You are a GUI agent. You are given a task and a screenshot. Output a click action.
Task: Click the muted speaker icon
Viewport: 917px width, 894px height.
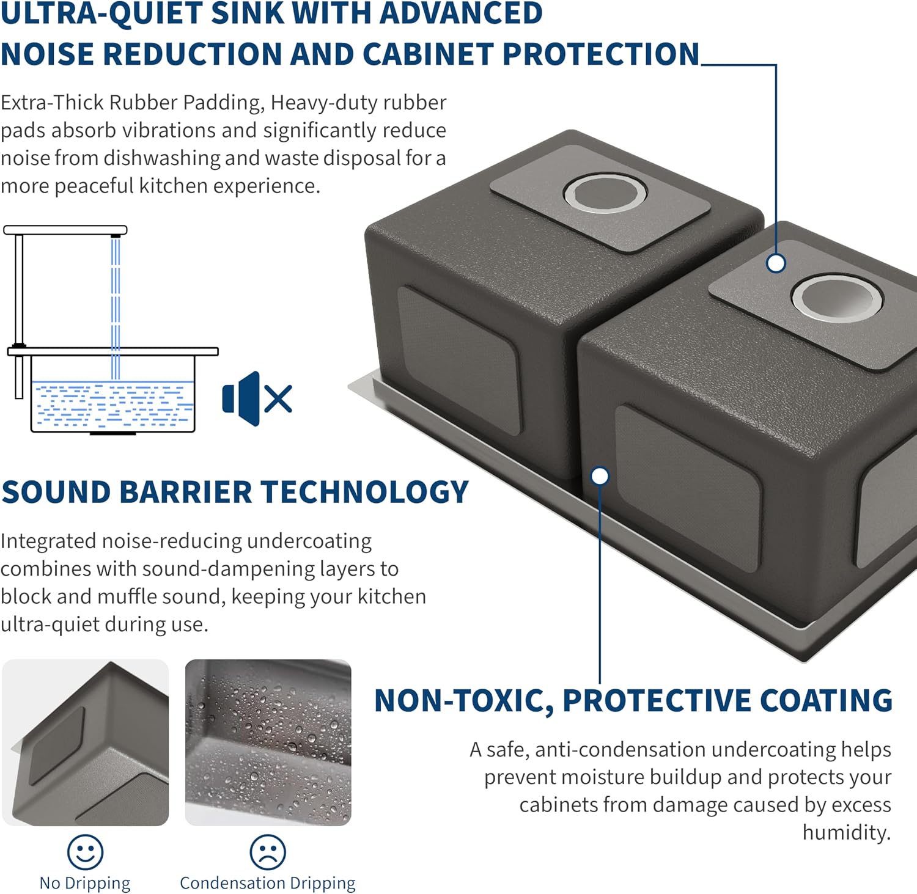tap(257, 398)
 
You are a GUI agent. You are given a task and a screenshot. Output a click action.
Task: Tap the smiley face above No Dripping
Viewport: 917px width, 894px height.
tap(85, 852)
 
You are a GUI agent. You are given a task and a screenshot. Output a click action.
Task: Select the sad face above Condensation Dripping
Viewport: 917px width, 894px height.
tap(268, 852)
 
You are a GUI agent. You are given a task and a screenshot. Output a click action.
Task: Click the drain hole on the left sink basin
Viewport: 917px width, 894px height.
tap(605, 192)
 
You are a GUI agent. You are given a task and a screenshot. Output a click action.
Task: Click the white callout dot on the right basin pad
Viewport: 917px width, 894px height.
tap(776, 263)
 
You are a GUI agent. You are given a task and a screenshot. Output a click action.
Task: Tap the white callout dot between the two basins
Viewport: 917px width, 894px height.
tap(600, 476)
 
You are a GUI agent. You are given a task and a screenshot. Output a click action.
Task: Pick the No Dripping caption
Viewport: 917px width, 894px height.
tap(85, 883)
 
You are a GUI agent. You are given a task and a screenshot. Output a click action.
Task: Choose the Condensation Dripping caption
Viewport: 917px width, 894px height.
tap(268, 883)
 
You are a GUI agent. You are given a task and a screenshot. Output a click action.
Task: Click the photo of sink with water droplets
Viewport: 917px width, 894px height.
tap(268, 742)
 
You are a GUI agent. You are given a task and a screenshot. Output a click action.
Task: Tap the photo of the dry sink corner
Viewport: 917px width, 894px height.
tap(85, 742)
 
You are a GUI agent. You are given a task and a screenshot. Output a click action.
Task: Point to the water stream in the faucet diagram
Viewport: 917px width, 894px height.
tap(116, 308)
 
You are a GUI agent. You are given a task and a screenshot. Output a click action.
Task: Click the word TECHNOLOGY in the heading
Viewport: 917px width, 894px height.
tap(366, 493)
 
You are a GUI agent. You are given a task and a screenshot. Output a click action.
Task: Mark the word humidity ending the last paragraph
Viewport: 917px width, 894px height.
tap(847, 832)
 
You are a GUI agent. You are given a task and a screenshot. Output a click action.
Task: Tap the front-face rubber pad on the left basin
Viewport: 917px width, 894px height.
tap(458, 361)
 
